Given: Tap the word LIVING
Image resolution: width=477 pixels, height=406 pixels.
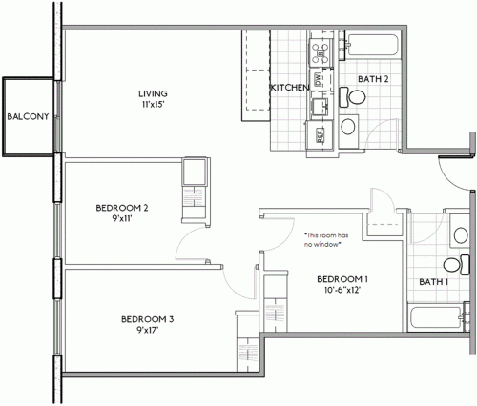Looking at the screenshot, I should (153, 92).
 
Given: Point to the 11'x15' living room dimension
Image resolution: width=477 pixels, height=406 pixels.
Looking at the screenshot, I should (153, 104).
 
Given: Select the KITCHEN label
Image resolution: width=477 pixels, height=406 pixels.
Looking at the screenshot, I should (289, 88).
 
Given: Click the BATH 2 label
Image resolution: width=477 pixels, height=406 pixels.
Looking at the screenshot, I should (372, 78).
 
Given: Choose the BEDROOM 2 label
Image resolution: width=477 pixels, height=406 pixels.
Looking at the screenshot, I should (122, 207).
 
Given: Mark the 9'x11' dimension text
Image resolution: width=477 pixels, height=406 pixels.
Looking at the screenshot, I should (122, 218).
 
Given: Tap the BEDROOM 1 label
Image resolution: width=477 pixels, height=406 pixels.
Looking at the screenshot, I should (342, 278).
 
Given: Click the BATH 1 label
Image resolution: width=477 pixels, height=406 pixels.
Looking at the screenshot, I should (435, 281).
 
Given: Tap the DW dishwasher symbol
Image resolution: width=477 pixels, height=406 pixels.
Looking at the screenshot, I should (318, 78).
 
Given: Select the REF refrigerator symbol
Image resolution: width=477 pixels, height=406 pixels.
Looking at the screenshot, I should (319, 135).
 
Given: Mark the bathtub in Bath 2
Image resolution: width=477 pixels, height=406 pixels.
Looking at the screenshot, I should (368, 46).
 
